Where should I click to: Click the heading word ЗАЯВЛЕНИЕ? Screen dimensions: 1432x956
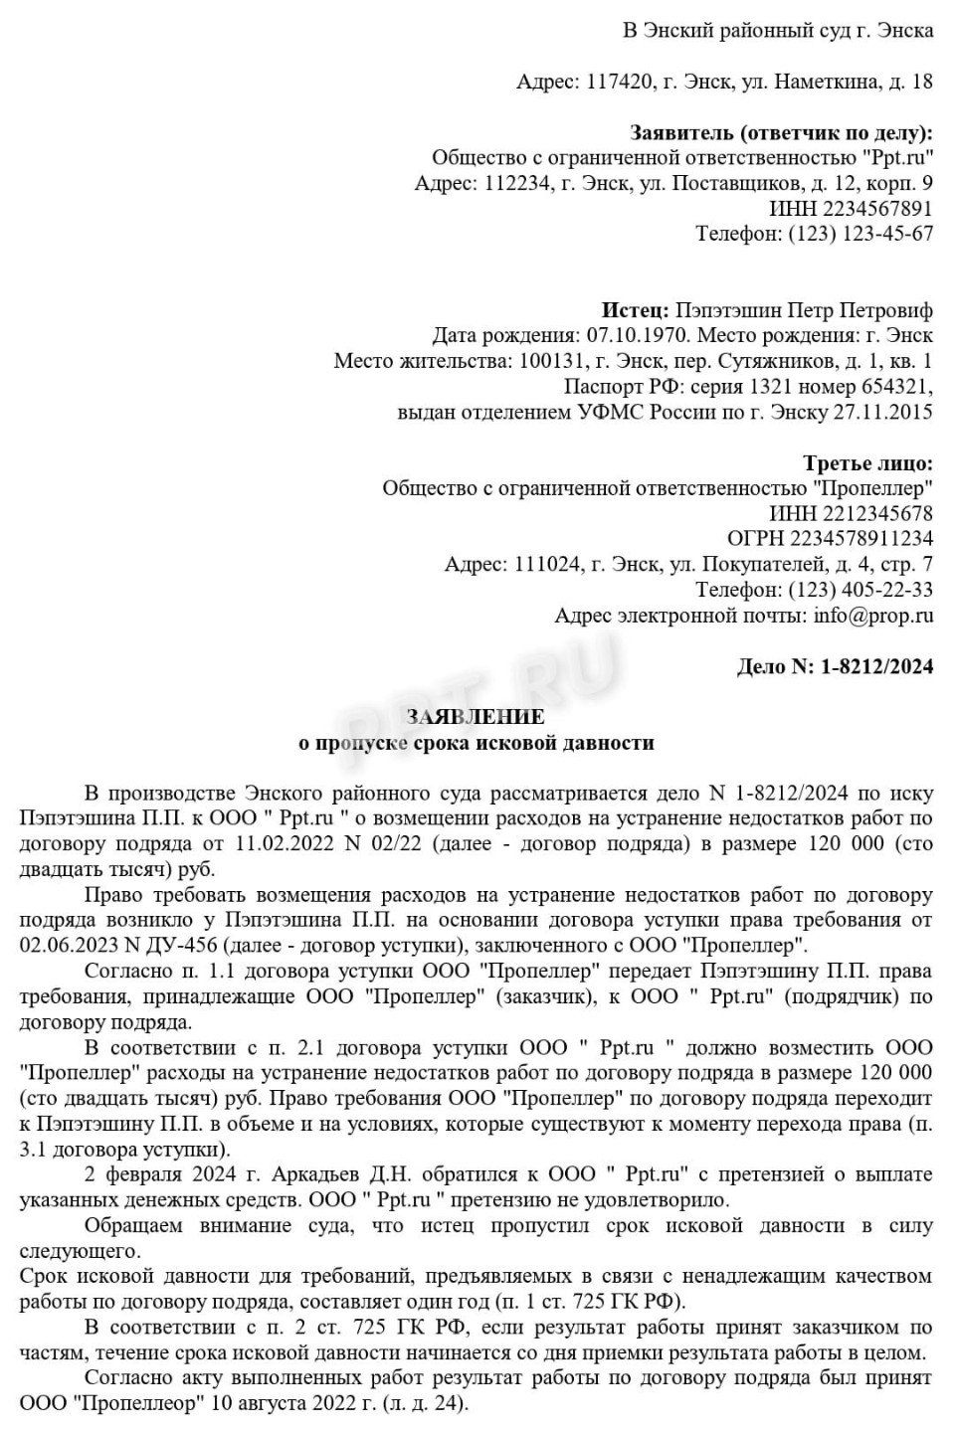(x=476, y=717)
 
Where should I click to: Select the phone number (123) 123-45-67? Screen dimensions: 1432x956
(x=860, y=234)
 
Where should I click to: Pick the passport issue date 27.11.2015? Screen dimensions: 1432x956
(x=884, y=412)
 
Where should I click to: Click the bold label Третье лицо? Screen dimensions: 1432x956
(x=867, y=462)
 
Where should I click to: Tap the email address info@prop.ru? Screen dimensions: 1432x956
(x=873, y=616)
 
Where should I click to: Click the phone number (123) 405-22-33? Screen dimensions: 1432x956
(x=860, y=590)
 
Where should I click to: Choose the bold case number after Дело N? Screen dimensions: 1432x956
(x=877, y=666)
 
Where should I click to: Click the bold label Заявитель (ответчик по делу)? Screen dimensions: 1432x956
(x=781, y=132)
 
